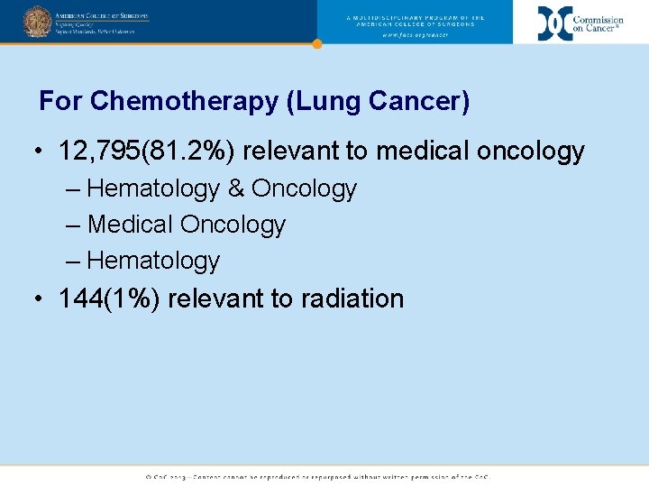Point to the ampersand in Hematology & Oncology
[x=235, y=188]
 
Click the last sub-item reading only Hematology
[x=153, y=261]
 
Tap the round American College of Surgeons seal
[x=37, y=21]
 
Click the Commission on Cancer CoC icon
[x=554, y=23]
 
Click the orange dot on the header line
[x=316, y=43]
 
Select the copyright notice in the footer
[x=317, y=476]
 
